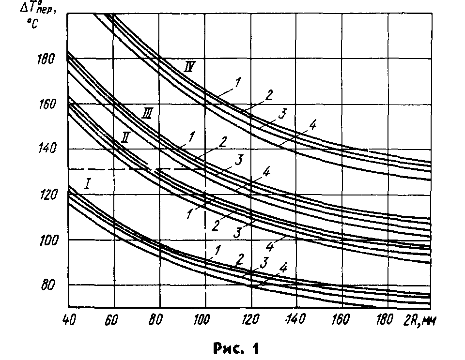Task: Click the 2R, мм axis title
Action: pyautogui.click(x=417, y=320)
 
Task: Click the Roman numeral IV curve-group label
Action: pyautogui.click(x=190, y=66)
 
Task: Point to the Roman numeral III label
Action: pyautogui.click(x=149, y=115)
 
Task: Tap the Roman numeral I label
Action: pyautogui.click(x=89, y=183)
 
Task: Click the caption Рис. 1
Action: pyautogui.click(x=235, y=347)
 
